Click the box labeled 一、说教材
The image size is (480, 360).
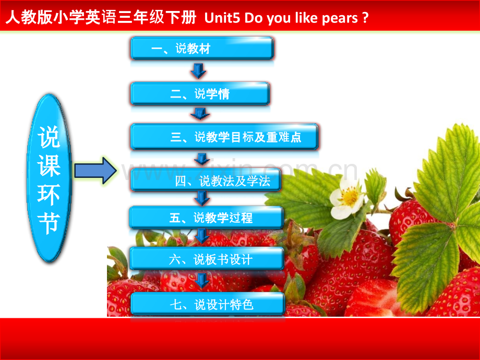[202, 48]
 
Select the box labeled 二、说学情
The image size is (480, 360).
[200, 93]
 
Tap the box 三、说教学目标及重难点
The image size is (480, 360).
[224, 137]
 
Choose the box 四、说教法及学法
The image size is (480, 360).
[206, 181]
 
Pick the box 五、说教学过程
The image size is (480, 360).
[207, 218]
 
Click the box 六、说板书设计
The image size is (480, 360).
[207, 259]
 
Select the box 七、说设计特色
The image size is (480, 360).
[208, 304]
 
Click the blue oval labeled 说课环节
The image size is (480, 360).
[49, 178]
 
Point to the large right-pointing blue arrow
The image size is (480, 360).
[95, 171]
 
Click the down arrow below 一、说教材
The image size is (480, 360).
[198, 71]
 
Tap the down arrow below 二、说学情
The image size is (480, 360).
[200, 113]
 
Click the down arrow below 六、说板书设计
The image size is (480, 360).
[202, 281]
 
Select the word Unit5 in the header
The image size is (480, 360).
[222, 18]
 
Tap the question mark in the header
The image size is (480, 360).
[365, 18]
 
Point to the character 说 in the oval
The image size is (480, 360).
[49, 137]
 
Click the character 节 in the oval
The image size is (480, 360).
[49, 223]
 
